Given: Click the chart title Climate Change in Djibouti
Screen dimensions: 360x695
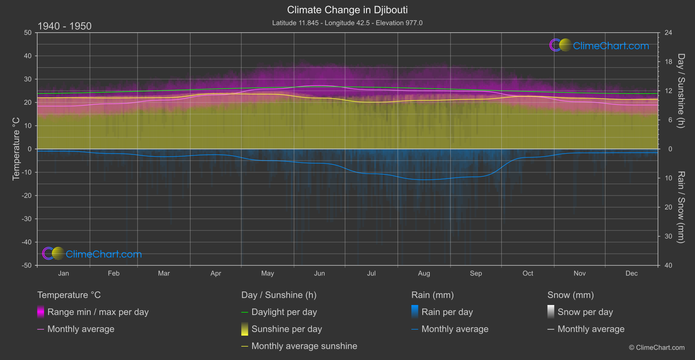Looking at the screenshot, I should [x=347, y=10].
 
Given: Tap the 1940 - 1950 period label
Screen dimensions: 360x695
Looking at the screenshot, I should [x=65, y=26].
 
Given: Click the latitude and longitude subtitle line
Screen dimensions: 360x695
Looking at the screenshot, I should [x=347, y=23].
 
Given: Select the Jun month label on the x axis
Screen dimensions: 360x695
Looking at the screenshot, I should [x=319, y=273].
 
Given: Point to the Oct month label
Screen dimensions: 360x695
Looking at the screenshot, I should [x=528, y=273].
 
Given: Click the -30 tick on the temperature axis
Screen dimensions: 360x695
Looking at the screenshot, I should [x=27, y=219].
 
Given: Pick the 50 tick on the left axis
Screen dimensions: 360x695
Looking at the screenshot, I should [x=28, y=33].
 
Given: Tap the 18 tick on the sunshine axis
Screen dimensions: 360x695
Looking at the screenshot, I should [x=668, y=62].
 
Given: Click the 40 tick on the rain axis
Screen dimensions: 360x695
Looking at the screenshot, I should [x=668, y=265].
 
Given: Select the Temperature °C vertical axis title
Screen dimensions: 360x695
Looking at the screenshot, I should [x=16, y=148].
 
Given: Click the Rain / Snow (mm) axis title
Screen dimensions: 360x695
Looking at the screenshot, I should [x=681, y=207].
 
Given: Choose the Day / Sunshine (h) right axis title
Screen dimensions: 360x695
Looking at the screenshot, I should [x=681, y=91].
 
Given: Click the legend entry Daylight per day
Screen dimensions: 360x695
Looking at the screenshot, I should [x=284, y=312].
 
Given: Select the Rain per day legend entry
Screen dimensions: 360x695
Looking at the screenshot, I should [x=447, y=312].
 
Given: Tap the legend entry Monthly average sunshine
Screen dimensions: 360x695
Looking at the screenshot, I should [x=304, y=346].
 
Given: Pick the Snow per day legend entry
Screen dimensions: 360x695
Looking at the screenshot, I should [x=585, y=312].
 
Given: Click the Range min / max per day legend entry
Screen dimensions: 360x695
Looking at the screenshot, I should [x=98, y=312].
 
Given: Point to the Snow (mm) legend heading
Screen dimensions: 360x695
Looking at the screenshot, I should [x=570, y=295].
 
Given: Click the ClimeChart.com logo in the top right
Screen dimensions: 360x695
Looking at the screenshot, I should [x=599, y=45].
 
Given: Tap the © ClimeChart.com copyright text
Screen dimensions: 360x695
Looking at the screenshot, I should [x=657, y=347].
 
